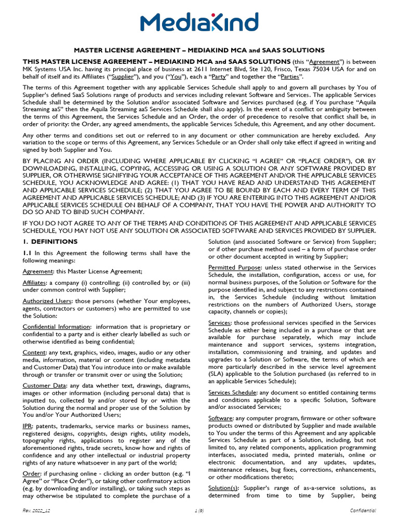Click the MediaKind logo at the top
[x=199, y=23]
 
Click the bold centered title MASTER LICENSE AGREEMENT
[x=199, y=50]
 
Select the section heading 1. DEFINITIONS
[x=50, y=242]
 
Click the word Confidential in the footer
[x=363, y=511]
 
